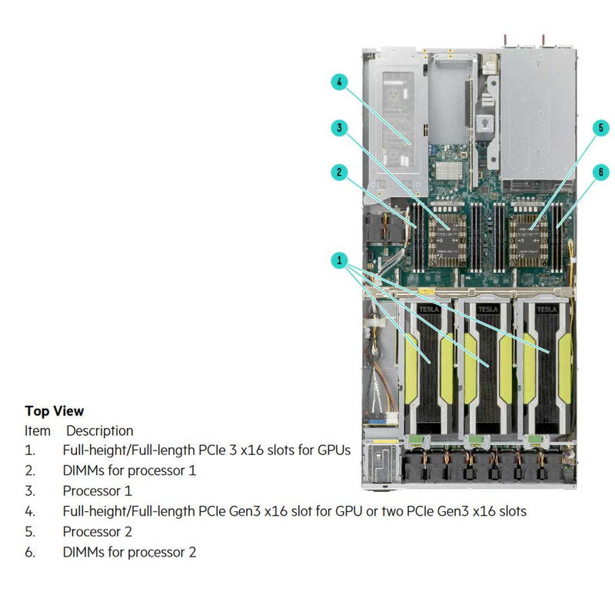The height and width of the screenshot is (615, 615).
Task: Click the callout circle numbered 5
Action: coord(601,128)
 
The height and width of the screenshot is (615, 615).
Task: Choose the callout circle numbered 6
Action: coord(601,173)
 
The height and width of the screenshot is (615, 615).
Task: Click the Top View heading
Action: coord(55,411)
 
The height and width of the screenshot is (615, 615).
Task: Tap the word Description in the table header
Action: coord(99,431)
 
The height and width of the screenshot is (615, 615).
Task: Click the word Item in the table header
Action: coord(38,431)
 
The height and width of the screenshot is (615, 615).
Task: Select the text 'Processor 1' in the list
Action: coord(98,490)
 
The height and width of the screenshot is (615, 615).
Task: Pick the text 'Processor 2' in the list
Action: coord(98,531)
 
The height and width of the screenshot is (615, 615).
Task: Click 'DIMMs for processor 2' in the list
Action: coord(129,552)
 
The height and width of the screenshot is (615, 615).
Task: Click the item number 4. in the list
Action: coord(30,511)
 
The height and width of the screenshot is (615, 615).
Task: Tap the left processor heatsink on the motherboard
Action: coord(447,233)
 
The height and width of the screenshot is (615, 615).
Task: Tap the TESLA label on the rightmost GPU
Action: coord(547,309)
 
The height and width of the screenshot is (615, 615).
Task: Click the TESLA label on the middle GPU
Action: coord(487,309)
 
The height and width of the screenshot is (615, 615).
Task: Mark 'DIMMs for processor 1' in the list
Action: coord(129,470)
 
